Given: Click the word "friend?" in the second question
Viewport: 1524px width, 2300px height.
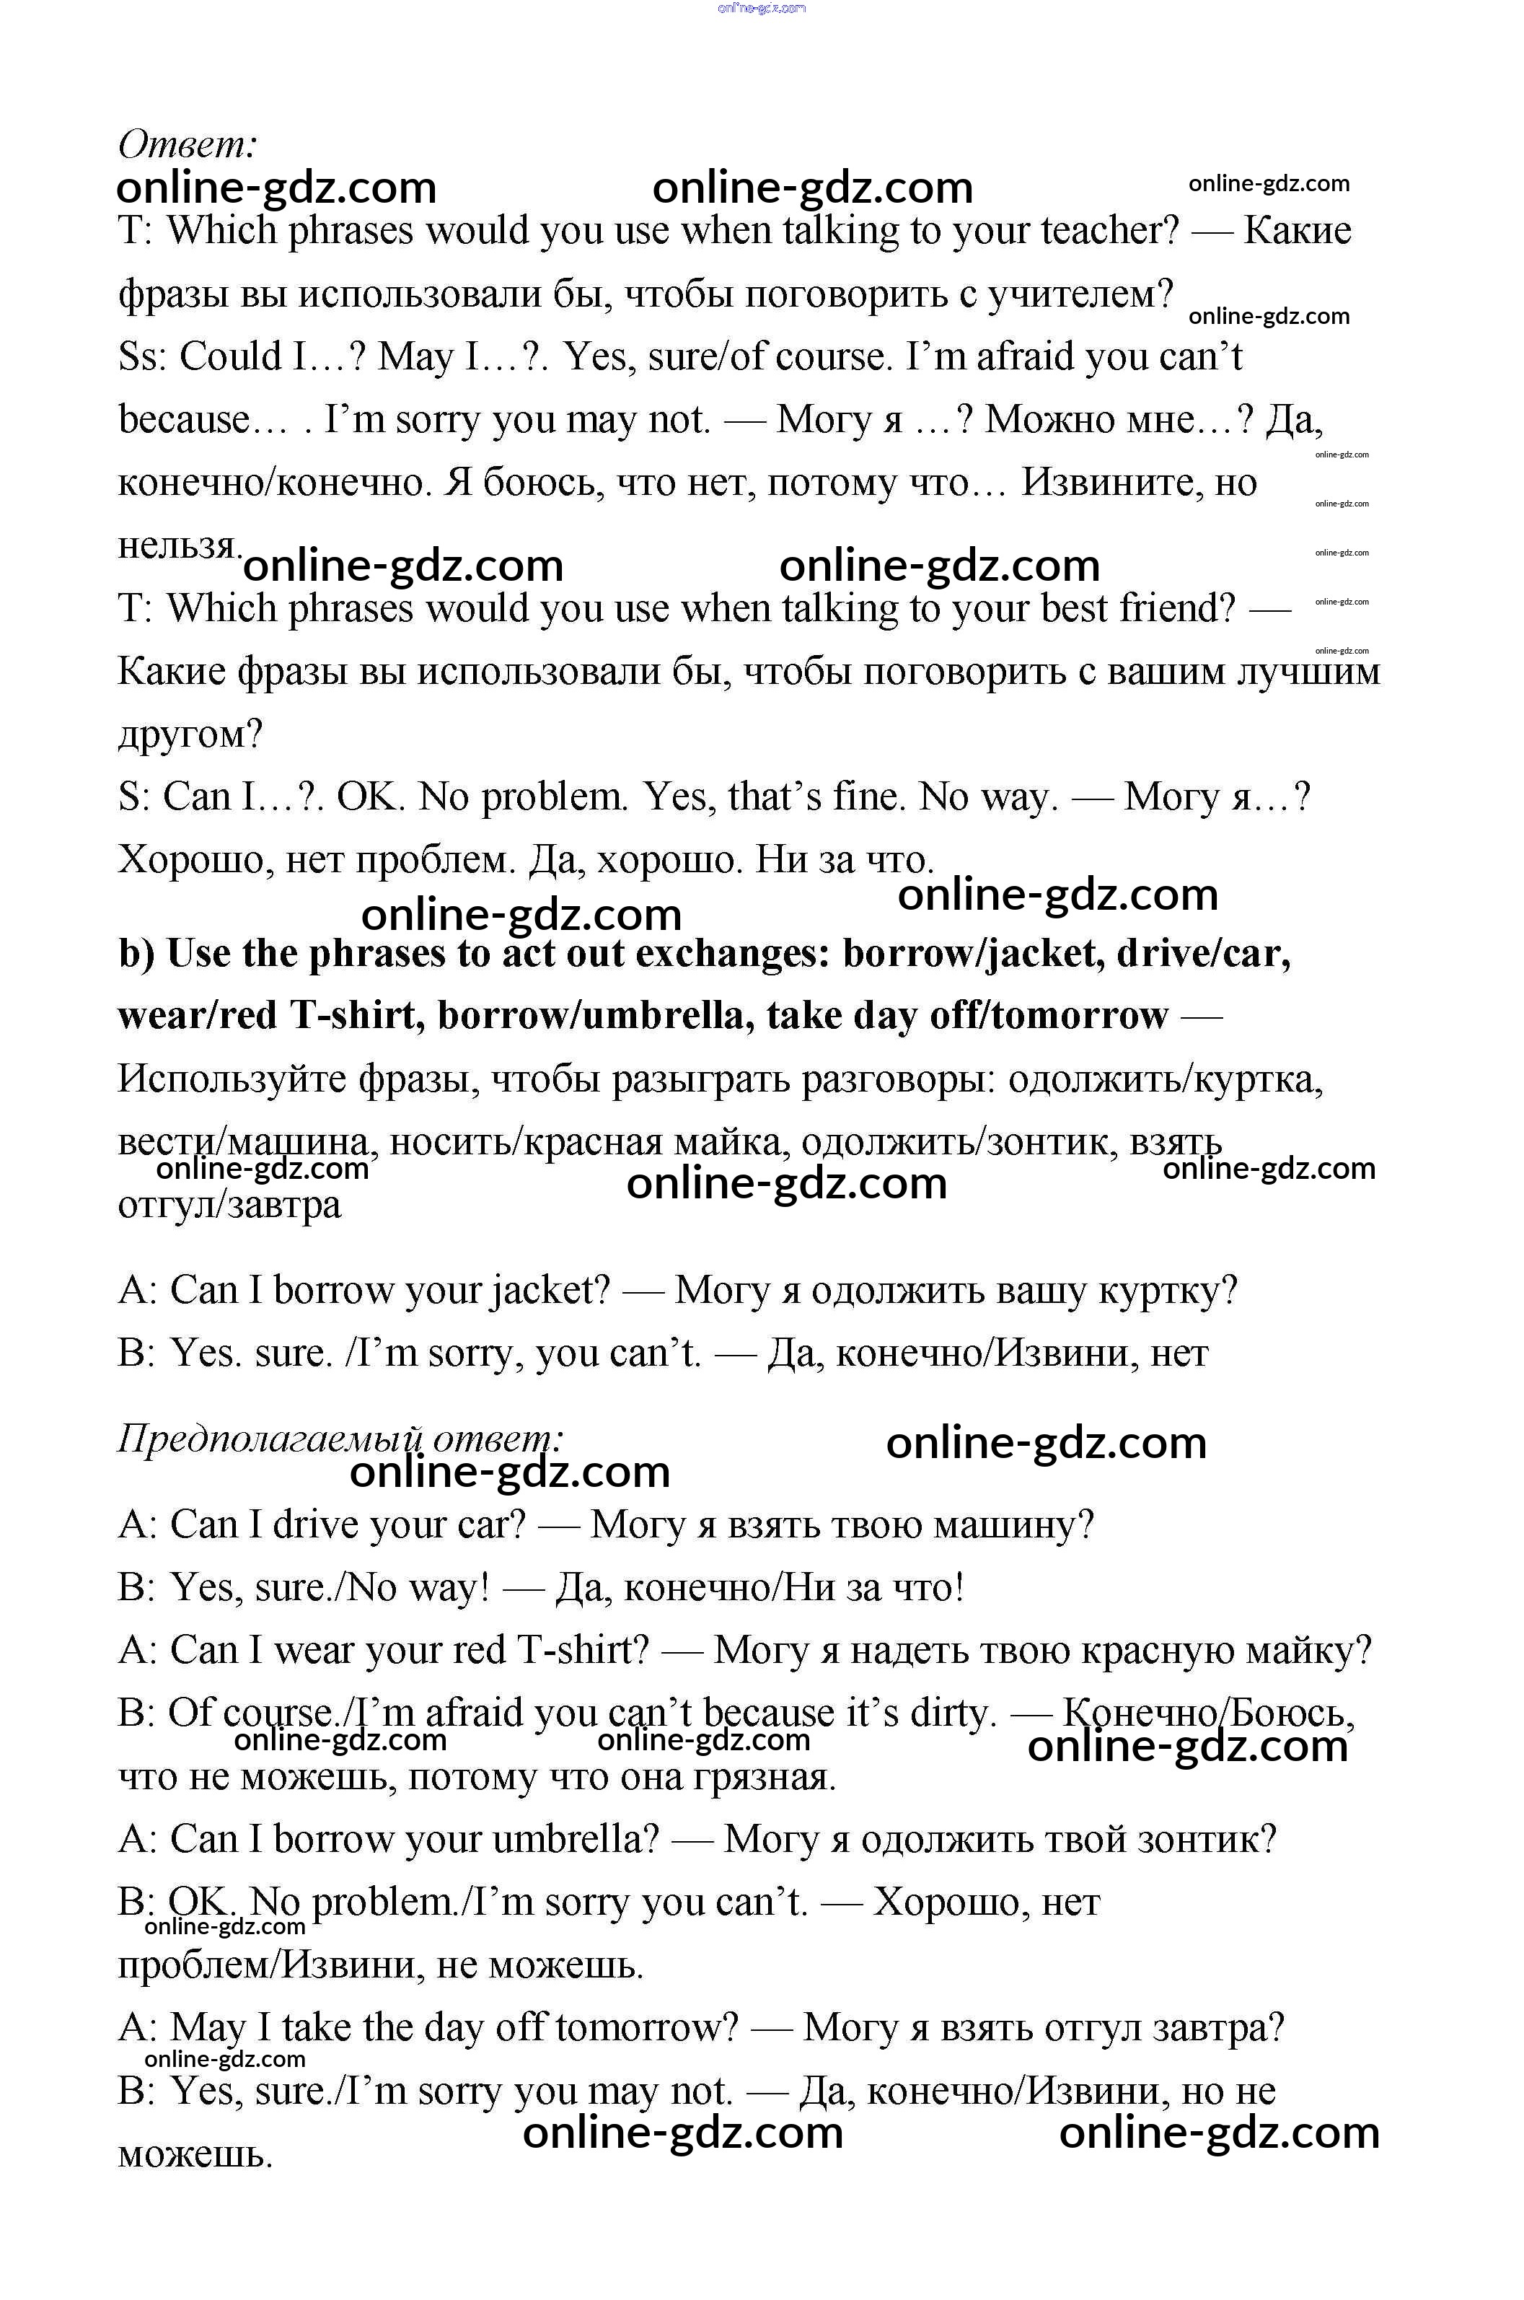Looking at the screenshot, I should [x=1177, y=608].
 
